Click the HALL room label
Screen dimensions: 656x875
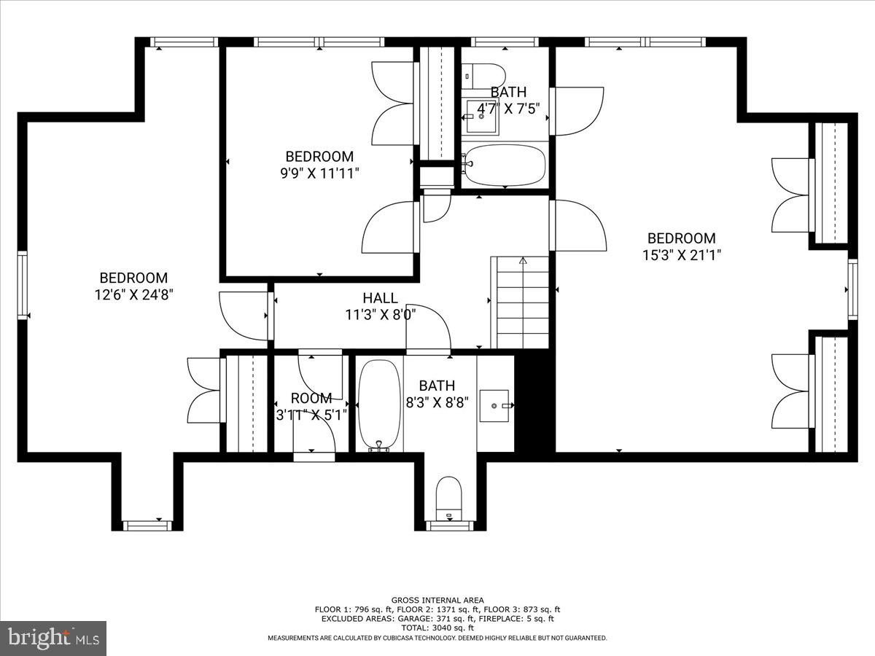pyautogui.click(x=380, y=298)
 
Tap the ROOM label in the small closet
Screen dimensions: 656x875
pyautogui.click(x=311, y=398)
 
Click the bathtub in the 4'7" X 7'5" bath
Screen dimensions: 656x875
pyautogui.click(x=505, y=165)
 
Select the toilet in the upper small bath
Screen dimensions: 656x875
pyautogui.click(x=484, y=74)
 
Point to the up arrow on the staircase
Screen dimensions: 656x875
pyautogui.click(x=523, y=260)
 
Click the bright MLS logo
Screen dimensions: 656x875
pyautogui.click(x=53, y=639)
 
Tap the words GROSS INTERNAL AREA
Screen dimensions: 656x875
pyautogui.click(x=437, y=600)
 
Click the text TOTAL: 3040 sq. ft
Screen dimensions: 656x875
pyautogui.click(x=437, y=628)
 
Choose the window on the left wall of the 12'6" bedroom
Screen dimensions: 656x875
pyautogui.click(x=23, y=285)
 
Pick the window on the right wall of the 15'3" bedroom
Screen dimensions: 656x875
pyautogui.click(x=852, y=289)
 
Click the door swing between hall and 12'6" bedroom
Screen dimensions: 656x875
pyautogui.click(x=245, y=315)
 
